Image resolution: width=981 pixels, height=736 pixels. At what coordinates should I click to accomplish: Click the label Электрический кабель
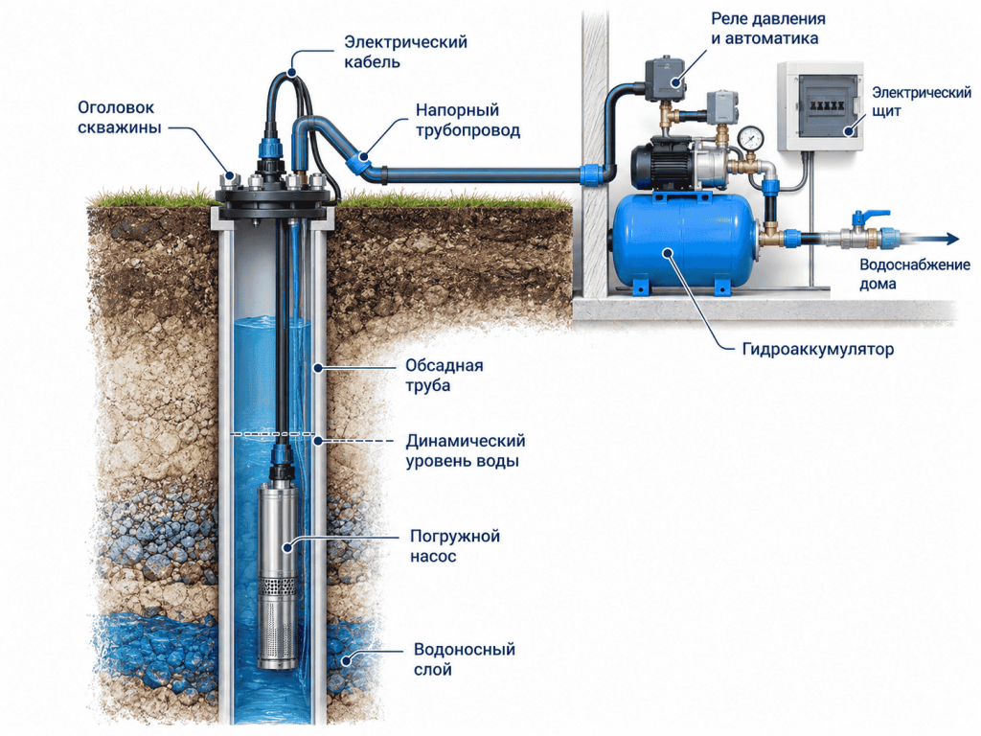click(406, 52)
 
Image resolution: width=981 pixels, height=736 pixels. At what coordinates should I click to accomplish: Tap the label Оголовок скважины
click(119, 117)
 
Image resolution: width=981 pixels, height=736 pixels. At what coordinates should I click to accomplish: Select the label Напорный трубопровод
click(468, 120)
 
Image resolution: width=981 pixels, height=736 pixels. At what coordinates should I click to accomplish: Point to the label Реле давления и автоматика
click(767, 29)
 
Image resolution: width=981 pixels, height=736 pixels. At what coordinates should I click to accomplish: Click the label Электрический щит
click(922, 102)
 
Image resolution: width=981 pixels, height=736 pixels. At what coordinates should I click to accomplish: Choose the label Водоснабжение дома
click(914, 274)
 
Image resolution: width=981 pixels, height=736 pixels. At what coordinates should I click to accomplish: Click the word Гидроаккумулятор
click(818, 349)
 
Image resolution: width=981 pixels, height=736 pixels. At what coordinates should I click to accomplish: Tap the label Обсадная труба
click(445, 375)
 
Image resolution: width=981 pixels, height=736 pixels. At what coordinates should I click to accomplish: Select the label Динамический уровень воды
click(465, 450)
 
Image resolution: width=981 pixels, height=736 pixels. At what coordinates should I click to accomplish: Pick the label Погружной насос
click(455, 545)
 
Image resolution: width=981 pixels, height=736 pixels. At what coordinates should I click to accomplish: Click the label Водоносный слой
click(465, 659)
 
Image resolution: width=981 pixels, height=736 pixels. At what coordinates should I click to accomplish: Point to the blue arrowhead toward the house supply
click(952, 239)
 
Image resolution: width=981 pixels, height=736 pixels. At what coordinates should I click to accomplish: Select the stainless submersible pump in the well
click(279, 574)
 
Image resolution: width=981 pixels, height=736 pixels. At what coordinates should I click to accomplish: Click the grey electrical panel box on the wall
click(820, 106)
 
